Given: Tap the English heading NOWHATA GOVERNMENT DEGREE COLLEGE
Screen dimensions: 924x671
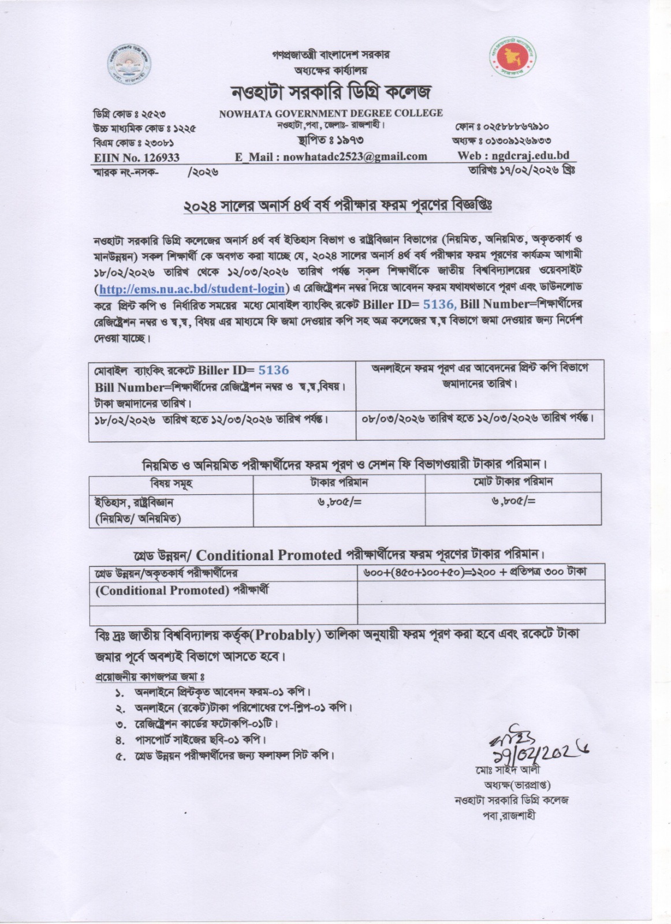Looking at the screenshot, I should [x=331, y=114].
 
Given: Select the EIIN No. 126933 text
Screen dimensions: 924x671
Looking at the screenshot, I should [x=136, y=157].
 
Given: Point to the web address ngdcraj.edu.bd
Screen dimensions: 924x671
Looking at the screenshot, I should [x=513, y=155].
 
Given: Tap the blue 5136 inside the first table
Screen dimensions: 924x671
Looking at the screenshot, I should [x=273, y=370].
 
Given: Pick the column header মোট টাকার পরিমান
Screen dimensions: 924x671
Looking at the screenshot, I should [x=512, y=482].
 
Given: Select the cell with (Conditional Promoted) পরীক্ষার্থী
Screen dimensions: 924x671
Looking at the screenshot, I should [x=182, y=591].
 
